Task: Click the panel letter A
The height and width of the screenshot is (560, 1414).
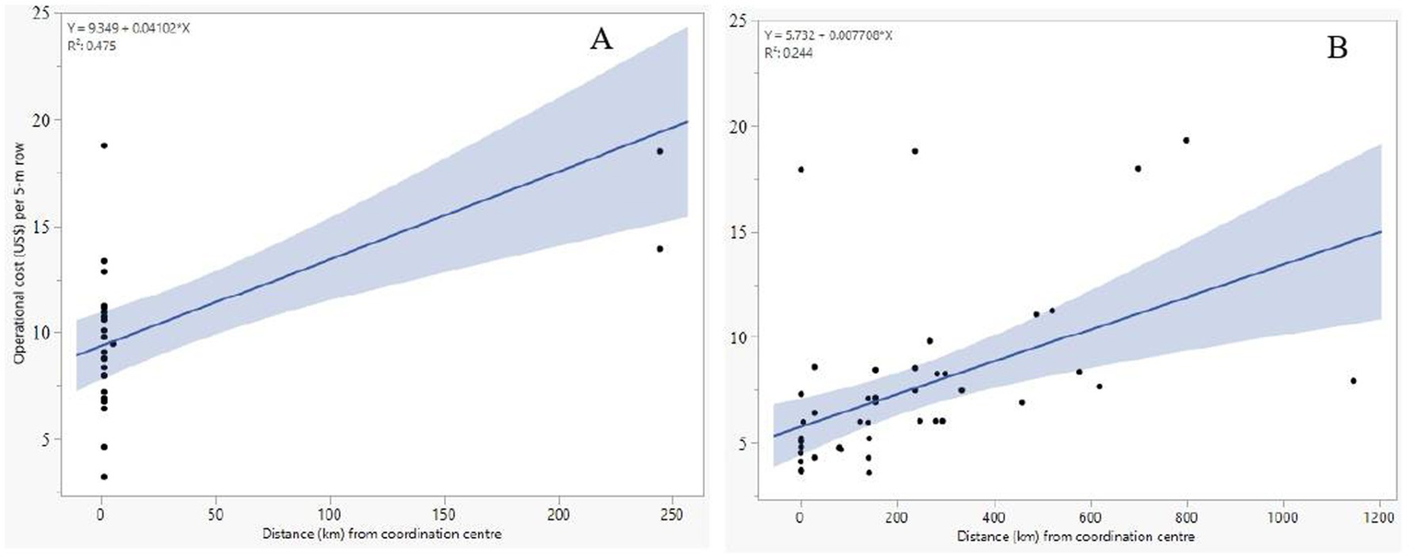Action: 599,42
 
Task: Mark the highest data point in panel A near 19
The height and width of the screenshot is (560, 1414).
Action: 104,146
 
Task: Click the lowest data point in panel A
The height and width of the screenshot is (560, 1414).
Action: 104,476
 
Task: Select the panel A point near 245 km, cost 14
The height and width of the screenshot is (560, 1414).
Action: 660,249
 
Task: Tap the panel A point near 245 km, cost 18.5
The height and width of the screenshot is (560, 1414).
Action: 660,151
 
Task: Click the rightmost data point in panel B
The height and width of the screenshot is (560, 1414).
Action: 1353,380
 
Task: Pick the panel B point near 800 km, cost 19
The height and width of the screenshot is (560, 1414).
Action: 1186,140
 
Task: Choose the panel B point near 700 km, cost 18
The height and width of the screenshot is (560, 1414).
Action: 1139,169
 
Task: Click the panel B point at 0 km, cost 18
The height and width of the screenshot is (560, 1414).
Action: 801,169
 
